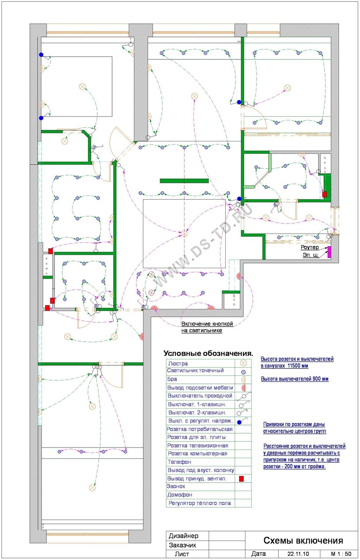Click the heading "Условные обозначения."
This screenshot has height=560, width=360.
208,353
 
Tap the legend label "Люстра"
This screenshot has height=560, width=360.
178,363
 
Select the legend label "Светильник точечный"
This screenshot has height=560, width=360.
195,371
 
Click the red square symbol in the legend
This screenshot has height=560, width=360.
241,479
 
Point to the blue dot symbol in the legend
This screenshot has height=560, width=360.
239,422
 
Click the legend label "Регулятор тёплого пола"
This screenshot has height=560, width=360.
199,503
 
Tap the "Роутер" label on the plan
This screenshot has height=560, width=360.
310,247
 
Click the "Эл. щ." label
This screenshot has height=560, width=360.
311,255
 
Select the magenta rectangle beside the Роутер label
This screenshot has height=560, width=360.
329,252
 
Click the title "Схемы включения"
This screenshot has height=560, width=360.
303,540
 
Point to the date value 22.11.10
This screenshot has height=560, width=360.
298,554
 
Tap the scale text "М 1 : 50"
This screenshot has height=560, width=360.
341,554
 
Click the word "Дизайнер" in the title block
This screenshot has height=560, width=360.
184,536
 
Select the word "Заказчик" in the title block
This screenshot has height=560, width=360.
182,545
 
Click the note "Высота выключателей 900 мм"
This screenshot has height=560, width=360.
295,379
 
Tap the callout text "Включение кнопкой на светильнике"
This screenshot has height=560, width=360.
207,327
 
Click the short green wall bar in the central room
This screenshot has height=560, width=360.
184,181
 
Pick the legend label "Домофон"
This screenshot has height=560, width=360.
180,495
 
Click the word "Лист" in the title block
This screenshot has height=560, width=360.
182,554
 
